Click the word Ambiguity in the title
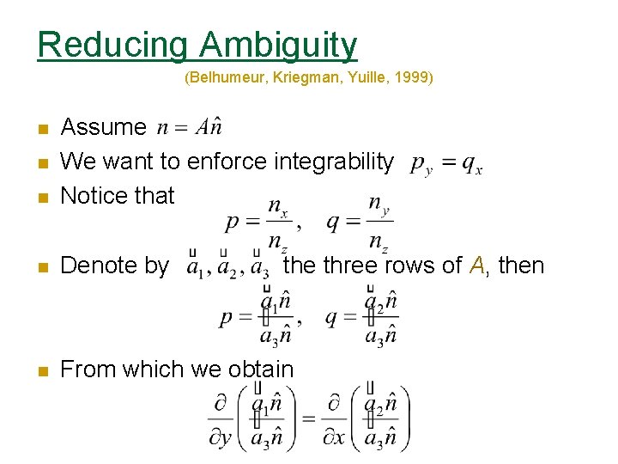(x=278, y=44)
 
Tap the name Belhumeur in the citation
(x=223, y=78)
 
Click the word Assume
(x=104, y=127)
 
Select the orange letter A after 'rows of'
(x=477, y=266)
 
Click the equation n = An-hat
(x=191, y=127)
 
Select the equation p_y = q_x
(x=445, y=162)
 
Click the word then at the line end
(x=521, y=266)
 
